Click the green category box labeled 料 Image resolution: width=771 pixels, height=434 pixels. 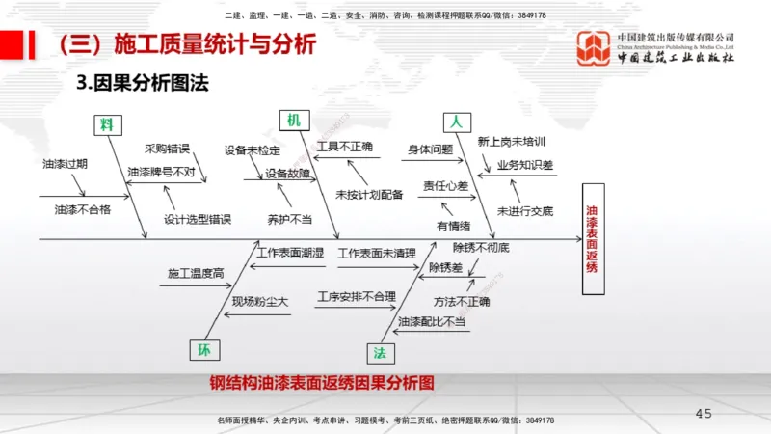pyautogui.click(x=107, y=124)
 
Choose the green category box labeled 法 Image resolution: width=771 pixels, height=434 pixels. pyautogui.click(x=379, y=352)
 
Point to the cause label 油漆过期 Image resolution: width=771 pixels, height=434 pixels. pyautogui.click(x=65, y=164)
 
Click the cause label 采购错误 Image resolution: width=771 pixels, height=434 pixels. pyautogui.click(x=167, y=149)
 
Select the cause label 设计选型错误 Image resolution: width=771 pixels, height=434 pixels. pyautogui.click(x=198, y=219)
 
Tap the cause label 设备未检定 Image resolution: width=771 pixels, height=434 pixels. pyautogui.click(x=253, y=150)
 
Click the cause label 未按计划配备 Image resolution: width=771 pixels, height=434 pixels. pyautogui.click(x=369, y=195)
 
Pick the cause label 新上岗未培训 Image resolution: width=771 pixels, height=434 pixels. pyautogui.click(x=511, y=141)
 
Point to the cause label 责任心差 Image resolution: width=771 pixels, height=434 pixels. pyautogui.click(x=445, y=185)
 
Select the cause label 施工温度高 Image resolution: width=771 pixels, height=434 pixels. pyautogui.click(x=195, y=274)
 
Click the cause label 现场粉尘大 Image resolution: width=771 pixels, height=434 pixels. pyautogui.click(x=260, y=301)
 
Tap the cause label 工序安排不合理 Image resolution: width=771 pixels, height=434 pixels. pyautogui.click(x=357, y=296)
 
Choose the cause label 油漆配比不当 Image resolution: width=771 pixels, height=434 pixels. pyautogui.click(x=432, y=320)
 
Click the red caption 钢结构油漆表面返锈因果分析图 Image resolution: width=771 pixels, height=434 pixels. pyautogui.click(x=322, y=383)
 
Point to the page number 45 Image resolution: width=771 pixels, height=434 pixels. pyautogui.click(x=704, y=414)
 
